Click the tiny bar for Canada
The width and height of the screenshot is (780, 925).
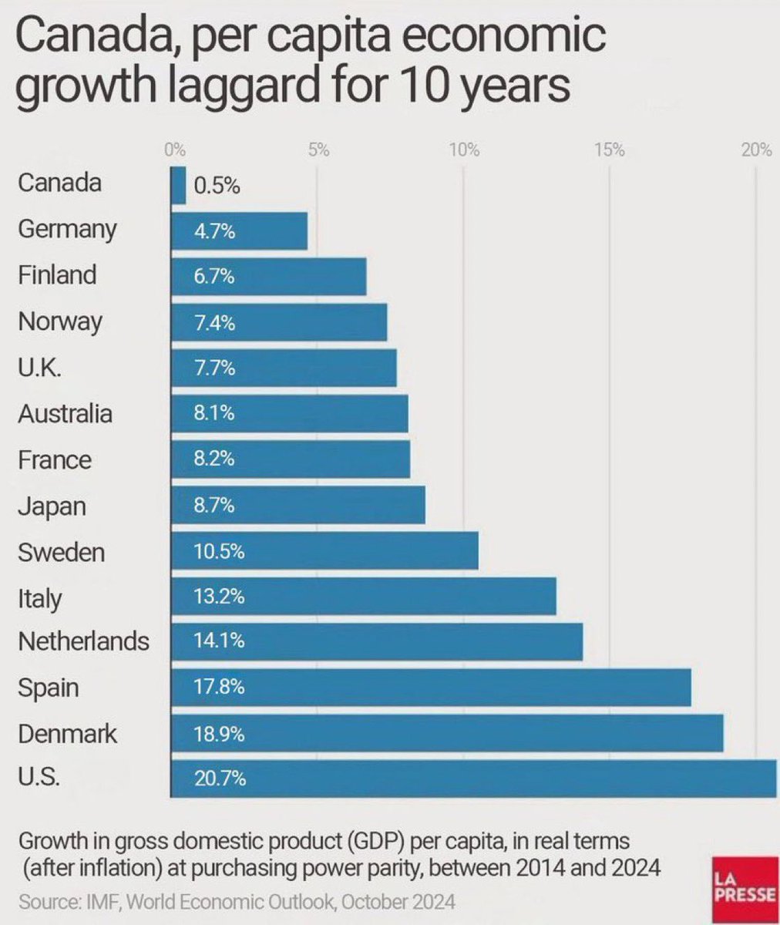(x=178, y=186)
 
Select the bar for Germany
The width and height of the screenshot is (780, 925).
(x=239, y=231)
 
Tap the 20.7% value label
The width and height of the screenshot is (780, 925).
(x=220, y=779)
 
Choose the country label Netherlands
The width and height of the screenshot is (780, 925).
(x=83, y=641)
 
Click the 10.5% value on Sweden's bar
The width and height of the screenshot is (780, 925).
(x=219, y=552)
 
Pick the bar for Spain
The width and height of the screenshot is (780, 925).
(x=431, y=687)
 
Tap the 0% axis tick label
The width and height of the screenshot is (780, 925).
(x=175, y=150)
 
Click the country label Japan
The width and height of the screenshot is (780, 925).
(x=52, y=506)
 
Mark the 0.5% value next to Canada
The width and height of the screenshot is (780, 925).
(x=217, y=187)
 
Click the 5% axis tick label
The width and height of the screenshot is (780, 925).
(x=318, y=150)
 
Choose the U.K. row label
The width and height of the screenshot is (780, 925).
(x=39, y=368)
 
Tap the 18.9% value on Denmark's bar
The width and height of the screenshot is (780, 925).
(x=219, y=734)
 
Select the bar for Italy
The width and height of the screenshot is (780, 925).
(x=363, y=597)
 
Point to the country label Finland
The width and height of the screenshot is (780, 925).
(x=58, y=275)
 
